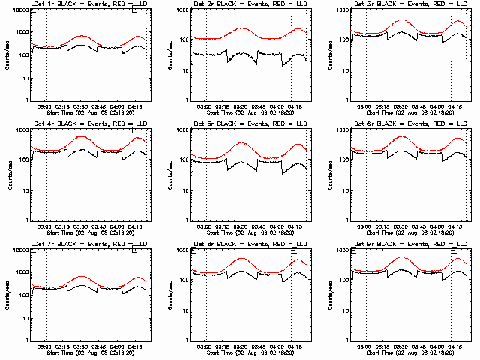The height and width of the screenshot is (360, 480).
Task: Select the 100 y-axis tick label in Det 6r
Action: pos(345,160)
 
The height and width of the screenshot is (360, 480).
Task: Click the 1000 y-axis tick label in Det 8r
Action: pos(181,250)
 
